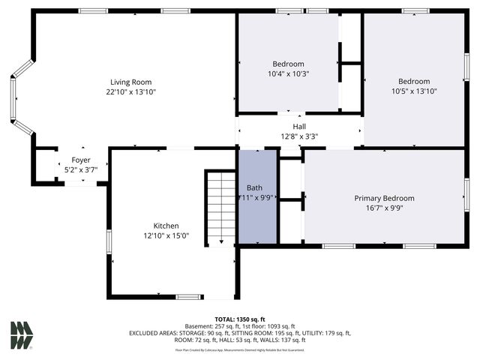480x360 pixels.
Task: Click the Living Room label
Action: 131,82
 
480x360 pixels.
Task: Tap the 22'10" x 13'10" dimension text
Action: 131,91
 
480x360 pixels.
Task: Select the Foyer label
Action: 81,160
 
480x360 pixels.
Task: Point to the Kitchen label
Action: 166,226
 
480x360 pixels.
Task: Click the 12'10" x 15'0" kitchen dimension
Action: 166,235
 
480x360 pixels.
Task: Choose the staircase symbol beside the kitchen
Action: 221,207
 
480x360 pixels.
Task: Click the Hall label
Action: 299,126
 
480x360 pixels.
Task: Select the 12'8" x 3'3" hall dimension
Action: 299,136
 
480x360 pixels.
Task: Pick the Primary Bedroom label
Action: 384,199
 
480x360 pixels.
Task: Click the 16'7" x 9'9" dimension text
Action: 384,208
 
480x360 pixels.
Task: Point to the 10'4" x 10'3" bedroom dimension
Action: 289,74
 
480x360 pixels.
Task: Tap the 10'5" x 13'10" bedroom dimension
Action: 414,91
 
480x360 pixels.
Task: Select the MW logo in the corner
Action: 22,335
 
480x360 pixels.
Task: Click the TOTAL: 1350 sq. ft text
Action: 240,319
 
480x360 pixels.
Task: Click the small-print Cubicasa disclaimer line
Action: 240,349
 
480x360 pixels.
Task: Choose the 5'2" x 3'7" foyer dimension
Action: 81,170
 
